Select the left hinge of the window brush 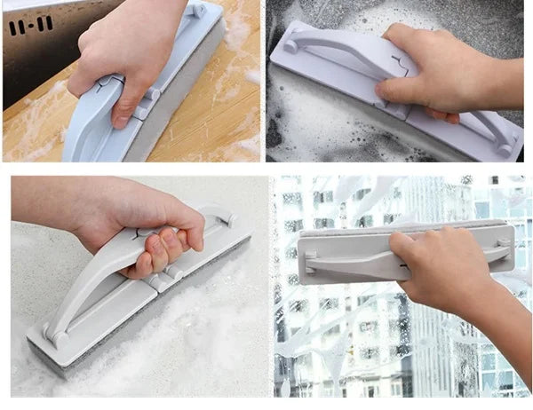pos(312,261)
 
